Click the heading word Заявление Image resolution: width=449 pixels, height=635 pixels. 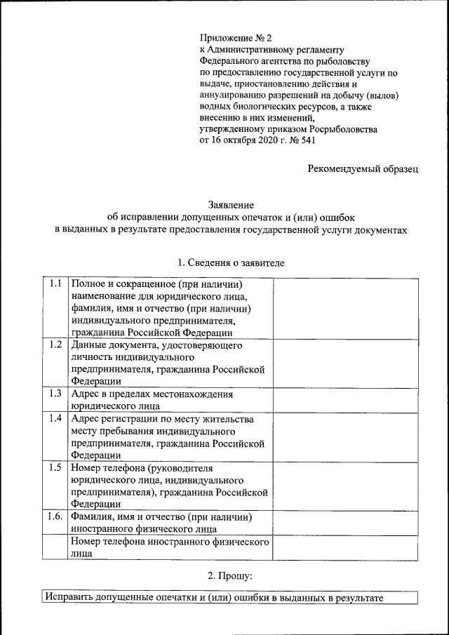point(230,204)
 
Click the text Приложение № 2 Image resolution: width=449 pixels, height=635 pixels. point(232,37)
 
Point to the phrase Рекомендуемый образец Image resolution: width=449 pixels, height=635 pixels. point(363,168)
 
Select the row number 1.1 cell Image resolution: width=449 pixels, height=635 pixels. point(55,284)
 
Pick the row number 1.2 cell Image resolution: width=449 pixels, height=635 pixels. point(55,345)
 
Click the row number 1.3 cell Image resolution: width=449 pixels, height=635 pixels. point(55,394)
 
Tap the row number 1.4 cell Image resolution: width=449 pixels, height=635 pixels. point(55,418)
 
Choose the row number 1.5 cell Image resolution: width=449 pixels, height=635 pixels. point(55,467)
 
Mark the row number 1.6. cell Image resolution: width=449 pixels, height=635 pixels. point(55,516)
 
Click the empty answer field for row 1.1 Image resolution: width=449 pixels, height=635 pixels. point(345,308)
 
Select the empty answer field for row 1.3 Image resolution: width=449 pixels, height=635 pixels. point(345,399)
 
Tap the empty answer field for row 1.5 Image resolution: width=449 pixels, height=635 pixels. point(345,485)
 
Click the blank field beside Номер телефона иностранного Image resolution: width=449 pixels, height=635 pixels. point(345,547)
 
